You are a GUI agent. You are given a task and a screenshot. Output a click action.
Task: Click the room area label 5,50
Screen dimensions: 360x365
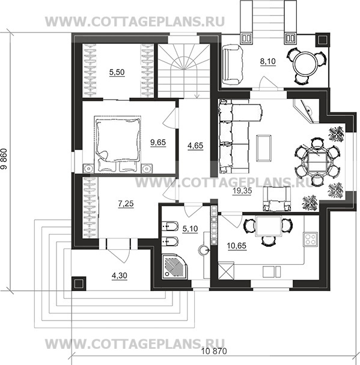117,73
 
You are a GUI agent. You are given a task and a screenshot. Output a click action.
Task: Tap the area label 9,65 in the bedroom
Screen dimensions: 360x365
158,142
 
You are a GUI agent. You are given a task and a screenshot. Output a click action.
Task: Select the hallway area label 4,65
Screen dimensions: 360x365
195,146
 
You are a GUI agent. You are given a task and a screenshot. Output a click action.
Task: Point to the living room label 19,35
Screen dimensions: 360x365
242,191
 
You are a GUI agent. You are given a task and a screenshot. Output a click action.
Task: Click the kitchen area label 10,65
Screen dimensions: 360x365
237,246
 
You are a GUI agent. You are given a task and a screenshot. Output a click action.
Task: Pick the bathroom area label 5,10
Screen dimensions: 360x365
190,229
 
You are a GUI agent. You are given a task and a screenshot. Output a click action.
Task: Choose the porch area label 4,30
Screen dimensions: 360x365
120,276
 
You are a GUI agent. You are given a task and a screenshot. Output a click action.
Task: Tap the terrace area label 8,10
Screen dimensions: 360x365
267,61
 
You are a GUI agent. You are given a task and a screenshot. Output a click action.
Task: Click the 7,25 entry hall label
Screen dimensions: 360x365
126,204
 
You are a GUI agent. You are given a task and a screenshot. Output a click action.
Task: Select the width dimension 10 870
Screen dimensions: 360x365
214,351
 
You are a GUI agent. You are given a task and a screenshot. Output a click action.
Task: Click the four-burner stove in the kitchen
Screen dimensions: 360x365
310,240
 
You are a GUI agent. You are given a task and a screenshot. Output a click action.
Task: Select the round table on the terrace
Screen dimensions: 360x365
305,64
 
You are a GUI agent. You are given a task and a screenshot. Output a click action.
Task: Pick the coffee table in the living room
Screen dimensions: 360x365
264,148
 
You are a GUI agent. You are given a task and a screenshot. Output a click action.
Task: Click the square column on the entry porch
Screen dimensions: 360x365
79,283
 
